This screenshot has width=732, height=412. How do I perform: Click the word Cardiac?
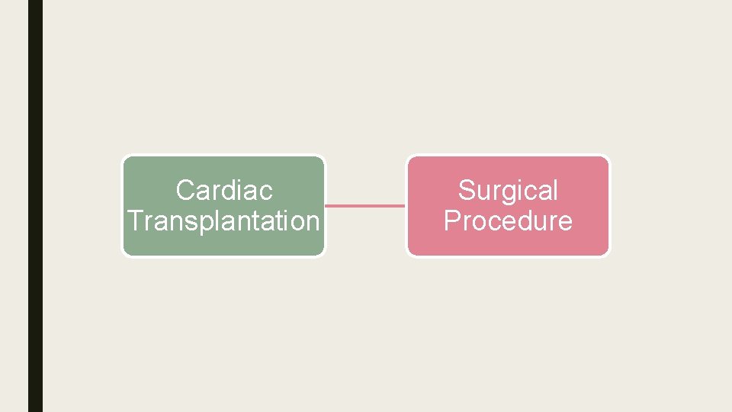(x=224, y=190)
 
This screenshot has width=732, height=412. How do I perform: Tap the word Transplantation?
(x=223, y=220)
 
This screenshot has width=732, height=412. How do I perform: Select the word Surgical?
(x=508, y=191)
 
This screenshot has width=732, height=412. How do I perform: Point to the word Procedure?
(x=508, y=220)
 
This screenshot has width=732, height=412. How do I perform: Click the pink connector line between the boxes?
(x=365, y=205)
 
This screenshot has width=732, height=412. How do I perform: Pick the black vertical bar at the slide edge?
(x=35, y=206)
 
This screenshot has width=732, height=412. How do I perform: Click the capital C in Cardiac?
(x=185, y=190)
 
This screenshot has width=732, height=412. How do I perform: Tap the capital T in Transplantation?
(x=135, y=220)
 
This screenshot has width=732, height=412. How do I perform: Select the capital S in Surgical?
(x=467, y=190)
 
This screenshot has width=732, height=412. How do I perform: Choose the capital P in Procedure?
(x=452, y=220)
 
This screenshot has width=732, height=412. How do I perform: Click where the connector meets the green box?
(x=326, y=205)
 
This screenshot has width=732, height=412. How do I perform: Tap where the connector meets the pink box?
(x=406, y=205)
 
